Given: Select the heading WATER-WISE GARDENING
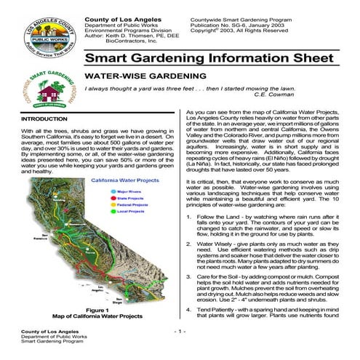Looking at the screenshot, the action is pos(135,75).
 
